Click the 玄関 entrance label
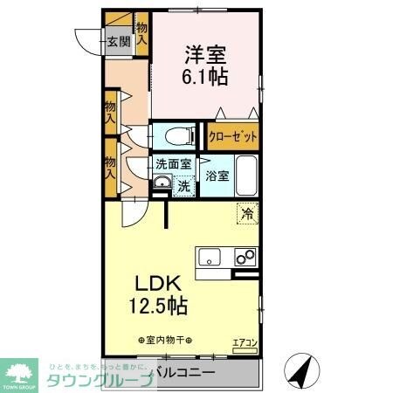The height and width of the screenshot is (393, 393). click(x=119, y=40)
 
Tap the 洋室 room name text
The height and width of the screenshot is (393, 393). click(x=205, y=53)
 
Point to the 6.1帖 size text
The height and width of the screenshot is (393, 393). click(x=205, y=77)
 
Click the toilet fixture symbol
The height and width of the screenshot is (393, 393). click(x=175, y=136)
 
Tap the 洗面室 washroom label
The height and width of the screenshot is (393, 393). click(x=172, y=164)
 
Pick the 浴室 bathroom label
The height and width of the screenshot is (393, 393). click(x=217, y=176)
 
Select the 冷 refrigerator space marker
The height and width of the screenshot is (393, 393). click(x=248, y=212)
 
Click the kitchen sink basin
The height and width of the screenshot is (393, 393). click(x=210, y=257)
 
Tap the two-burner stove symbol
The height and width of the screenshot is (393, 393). click(x=244, y=257)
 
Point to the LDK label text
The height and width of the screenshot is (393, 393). click(x=157, y=285)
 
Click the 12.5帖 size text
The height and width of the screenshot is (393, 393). click(x=157, y=307)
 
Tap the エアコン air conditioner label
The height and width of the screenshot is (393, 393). click(x=244, y=343)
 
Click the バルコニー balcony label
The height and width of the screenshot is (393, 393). click(x=187, y=374)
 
